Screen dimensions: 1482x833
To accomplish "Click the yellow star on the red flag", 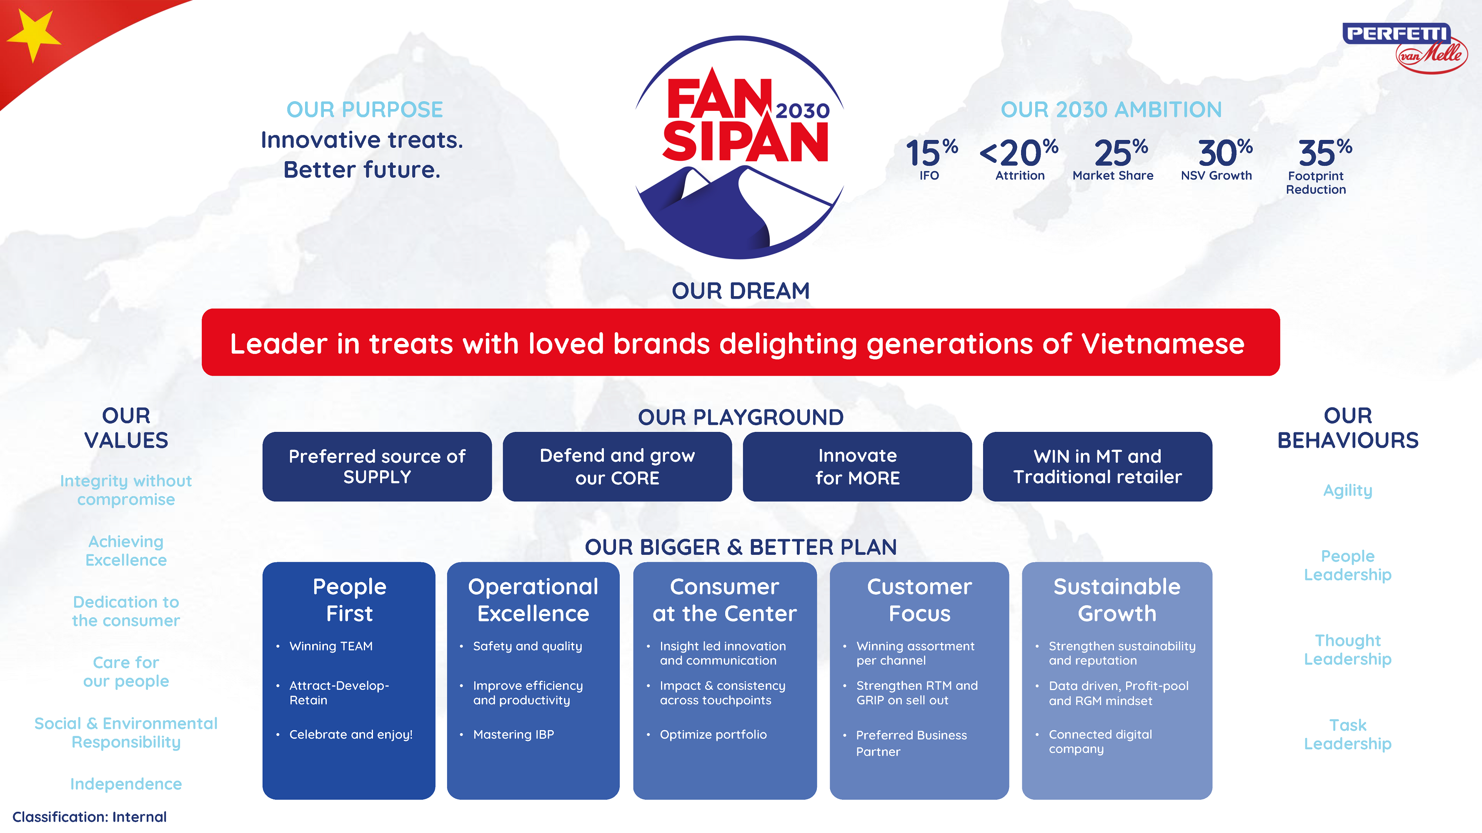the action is click(x=33, y=36).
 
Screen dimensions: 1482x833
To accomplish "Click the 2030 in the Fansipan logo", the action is click(x=803, y=110).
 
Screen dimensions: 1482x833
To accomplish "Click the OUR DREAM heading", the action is click(x=741, y=291).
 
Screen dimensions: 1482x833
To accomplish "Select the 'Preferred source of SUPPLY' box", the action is click(x=377, y=466).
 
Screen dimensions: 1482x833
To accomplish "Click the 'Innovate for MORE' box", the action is click(x=857, y=466).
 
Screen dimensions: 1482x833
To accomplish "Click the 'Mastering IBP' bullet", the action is click(x=513, y=734).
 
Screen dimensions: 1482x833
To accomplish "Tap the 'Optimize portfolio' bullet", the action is click(x=713, y=734).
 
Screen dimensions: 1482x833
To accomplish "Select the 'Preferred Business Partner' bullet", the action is click(x=911, y=743).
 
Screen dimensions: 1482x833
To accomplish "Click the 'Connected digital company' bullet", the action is click(x=1099, y=742).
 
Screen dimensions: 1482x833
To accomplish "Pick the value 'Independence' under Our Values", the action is click(x=126, y=783).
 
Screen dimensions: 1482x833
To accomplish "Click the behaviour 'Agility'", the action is click(x=1347, y=490).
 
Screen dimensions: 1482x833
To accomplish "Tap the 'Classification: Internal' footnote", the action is click(x=89, y=816).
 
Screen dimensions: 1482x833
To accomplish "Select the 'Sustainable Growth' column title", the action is click(x=1117, y=600).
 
